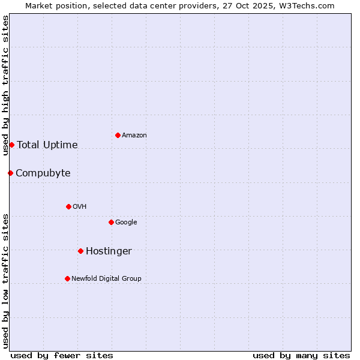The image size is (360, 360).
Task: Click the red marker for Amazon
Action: pyautogui.click(x=118, y=135)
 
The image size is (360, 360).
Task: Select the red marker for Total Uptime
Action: pyautogui.click(x=11, y=145)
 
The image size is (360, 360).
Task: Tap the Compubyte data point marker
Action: pyautogui.click(x=10, y=173)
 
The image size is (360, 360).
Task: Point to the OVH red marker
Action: pyautogui.click(x=68, y=206)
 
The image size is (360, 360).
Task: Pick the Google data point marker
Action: pyautogui.click(x=111, y=222)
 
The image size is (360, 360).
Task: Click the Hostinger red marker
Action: pyautogui.click(x=80, y=251)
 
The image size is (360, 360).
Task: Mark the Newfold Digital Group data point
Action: pyautogui.click(x=67, y=278)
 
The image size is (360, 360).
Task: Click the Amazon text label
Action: pyautogui.click(x=134, y=136)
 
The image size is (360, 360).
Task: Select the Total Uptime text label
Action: pyautogui.click(x=47, y=145)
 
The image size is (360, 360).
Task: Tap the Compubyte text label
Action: pyautogui.click(x=43, y=173)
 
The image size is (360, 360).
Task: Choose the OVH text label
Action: pyautogui.click(x=80, y=207)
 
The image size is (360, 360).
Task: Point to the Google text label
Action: pyautogui.click(x=126, y=223)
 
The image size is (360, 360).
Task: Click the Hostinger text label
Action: pyautogui.click(x=109, y=251)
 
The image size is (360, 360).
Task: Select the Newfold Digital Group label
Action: pyautogui.click(x=106, y=279)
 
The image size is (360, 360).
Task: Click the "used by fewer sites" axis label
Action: pyautogui.click(x=62, y=355)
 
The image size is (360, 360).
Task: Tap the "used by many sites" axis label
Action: pyautogui.click(x=301, y=355)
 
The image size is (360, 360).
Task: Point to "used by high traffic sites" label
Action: pyautogui.click(x=5, y=85)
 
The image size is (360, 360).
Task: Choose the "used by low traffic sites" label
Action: pyautogui.click(x=5, y=280)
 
